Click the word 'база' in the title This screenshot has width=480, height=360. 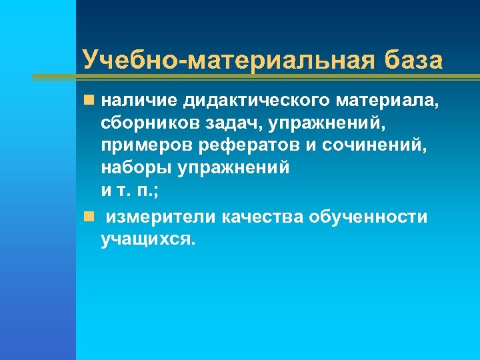click(414, 59)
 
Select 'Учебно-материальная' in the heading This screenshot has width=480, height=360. click(230, 59)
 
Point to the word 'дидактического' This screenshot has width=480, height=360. click(260, 101)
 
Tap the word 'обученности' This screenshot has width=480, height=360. click(371, 218)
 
